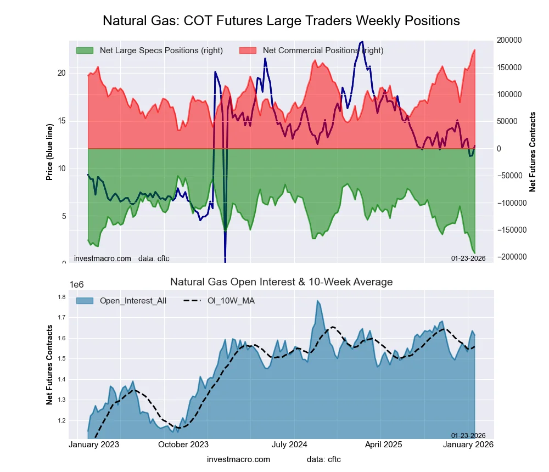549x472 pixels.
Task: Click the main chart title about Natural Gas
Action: tap(281, 21)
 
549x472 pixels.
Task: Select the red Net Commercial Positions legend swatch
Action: tap(248, 50)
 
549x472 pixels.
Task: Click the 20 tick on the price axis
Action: tap(61, 73)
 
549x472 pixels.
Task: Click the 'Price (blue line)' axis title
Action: tap(50, 152)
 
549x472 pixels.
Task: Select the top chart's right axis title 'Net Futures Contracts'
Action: tap(533, 152)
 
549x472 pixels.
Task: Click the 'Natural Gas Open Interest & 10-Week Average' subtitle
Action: tap(281, 282)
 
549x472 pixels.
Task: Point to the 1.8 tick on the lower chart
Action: tap(61, 297)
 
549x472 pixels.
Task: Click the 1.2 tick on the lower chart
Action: tap(61, 421)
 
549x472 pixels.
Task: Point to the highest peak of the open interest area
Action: tap(317, 301)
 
